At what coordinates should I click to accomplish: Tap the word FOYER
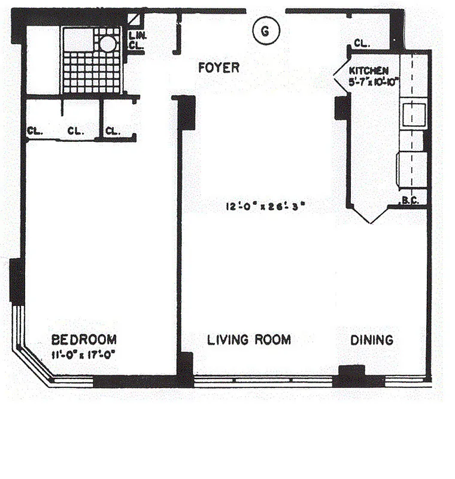(x=219, y=68)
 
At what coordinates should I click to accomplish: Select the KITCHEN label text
(x=365, y=71)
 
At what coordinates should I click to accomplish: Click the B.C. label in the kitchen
(x=410, y=201)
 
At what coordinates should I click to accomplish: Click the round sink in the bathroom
(x=108, y=43)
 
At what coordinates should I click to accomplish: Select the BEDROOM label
(x=83, y=339)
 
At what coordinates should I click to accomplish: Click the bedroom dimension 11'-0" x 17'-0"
(x=83, y=353)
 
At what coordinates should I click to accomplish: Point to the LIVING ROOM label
(x=249, y=340)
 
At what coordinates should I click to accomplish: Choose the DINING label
(x=372, y=340)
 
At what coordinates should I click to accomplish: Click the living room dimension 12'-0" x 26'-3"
(x=266, y=207)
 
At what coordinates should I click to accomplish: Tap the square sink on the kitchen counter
(x=414, y=114)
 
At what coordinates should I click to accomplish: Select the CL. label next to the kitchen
(x=361, y=44)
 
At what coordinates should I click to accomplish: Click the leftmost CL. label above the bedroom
(x=34, y=131)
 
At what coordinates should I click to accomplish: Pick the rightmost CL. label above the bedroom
(x=113, y=131)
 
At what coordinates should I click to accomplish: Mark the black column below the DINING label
(x=351, y=376)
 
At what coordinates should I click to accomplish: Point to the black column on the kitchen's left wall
(x=342, y=108)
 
